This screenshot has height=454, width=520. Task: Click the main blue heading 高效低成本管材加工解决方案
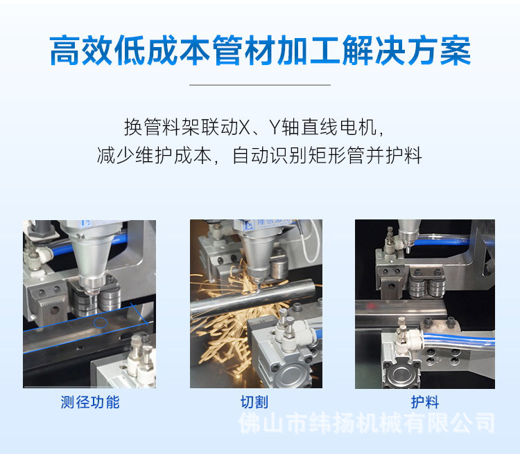pos(260,52)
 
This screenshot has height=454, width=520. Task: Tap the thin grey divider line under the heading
pos(260,85)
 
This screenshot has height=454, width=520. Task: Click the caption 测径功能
pos(90,402)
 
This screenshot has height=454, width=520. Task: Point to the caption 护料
pos(425,402)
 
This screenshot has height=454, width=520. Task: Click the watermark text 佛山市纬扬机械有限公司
pos(367,423)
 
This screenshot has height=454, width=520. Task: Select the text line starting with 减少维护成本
pos(260,155)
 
